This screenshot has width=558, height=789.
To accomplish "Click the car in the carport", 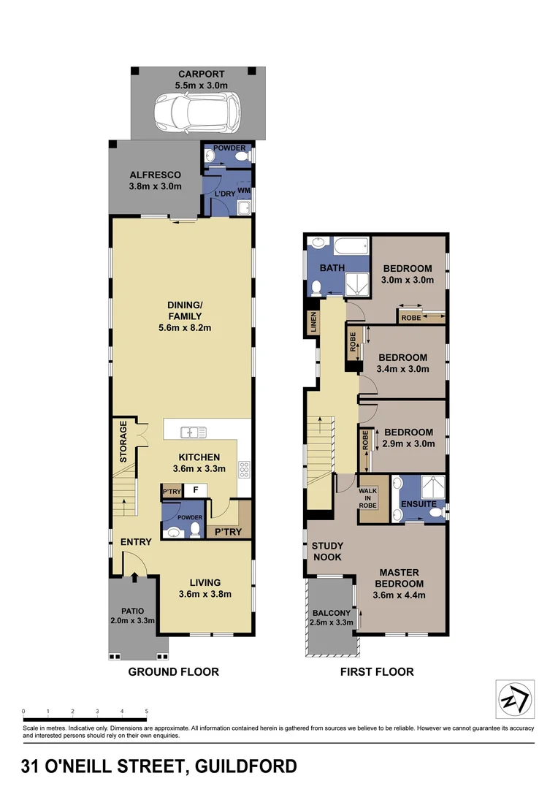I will pos(197,113).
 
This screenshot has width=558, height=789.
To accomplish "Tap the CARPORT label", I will pos(201,74).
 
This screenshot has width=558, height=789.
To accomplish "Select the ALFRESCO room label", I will pos(155,175).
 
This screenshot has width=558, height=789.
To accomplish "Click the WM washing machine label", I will pos(243,190).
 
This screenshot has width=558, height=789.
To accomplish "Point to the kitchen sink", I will pos(191,432).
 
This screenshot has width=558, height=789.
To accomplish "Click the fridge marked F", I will pos(195,491).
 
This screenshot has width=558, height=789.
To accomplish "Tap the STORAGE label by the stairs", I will pos(123,441).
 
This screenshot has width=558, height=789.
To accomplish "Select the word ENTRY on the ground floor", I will pos(136,542).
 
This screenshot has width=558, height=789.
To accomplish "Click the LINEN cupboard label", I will pos(313,323).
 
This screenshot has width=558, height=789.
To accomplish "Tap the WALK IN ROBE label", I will pos(368,497).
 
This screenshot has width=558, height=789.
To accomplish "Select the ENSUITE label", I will pos(418,504).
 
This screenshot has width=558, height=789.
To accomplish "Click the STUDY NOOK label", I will pos(327,552).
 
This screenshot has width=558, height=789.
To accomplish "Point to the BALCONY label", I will pos(332,613).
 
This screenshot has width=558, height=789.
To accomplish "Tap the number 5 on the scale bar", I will pos(147,711).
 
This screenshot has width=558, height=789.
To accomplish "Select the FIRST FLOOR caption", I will pos(377,671).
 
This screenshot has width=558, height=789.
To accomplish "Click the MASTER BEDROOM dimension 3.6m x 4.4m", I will pos(399,595).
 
